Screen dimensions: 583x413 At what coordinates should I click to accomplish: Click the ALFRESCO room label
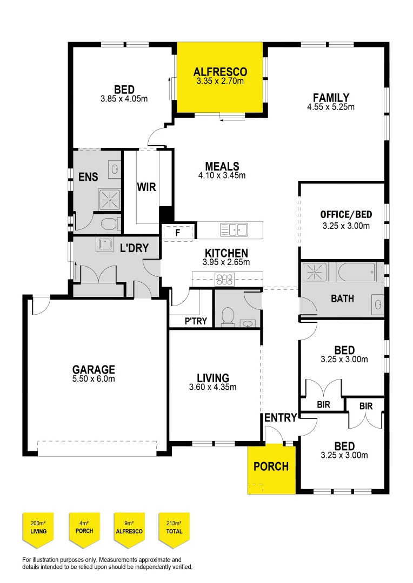[x=220, y=72]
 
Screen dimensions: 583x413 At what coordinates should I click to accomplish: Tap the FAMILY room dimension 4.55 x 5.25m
[x=330, y=107]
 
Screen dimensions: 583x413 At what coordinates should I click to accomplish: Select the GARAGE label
[x=94, y=370]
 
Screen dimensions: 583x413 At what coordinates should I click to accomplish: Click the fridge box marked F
[x=178, y=232]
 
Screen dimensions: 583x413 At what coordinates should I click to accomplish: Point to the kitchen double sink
[x=234, y=230]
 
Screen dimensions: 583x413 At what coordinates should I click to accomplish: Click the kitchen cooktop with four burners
[x=224, y=279]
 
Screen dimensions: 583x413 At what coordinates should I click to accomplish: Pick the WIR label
[x=146, y=187]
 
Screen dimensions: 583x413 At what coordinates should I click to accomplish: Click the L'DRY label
[x=131, y=249]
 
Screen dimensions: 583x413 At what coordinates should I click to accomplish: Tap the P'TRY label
[x=196, y=321]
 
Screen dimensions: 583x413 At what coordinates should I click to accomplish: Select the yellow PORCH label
[x=271, y=466]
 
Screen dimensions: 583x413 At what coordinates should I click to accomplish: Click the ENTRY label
[x=281, y=417]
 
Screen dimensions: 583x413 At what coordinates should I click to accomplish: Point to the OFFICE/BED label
[x=345, y=215]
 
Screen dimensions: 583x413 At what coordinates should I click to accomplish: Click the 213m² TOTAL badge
[x=174, y=527]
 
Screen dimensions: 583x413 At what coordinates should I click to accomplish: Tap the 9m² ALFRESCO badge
[x=129, y=527]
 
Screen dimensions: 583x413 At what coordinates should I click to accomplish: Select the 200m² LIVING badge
[x=38, y=527]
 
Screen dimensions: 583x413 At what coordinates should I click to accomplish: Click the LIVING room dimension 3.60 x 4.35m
[x=213, y=387]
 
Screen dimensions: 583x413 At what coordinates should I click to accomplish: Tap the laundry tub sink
[x=104, y=245]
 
